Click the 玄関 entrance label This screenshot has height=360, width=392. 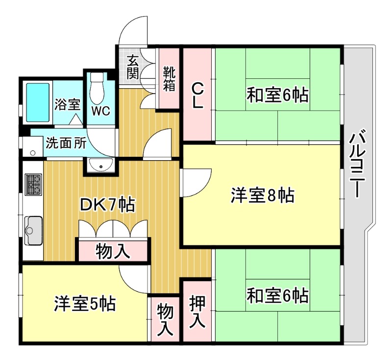point(133,67)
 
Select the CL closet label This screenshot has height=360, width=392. point(197,96)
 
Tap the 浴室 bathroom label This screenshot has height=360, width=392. point(67,104)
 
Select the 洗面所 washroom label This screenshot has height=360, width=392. point(66,143)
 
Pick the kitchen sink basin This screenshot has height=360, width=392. point(33,229)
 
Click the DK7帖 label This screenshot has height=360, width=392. point(108,204)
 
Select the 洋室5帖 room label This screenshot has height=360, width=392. point(85,304)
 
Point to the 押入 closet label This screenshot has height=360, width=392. point(197,312)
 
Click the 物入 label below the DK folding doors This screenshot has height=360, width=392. point(113,251)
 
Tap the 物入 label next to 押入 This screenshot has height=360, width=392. point(166,319)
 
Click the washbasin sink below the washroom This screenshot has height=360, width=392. point(101,166)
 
